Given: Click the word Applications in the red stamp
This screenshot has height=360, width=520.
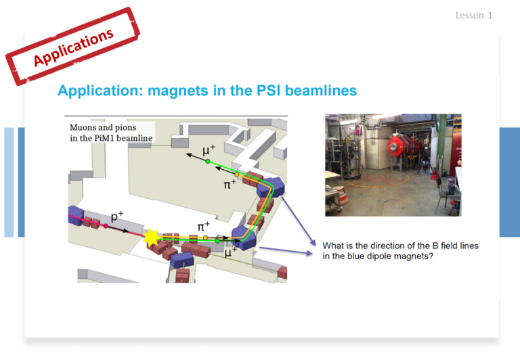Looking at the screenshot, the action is point(74,47).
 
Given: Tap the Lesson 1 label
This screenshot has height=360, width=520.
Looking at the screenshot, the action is point(474,16).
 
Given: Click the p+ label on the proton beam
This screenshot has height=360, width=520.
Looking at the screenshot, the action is point(116,216).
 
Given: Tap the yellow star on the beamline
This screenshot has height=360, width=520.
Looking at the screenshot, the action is point(151,237).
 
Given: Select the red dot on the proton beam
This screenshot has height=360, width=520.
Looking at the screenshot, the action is point(106,226).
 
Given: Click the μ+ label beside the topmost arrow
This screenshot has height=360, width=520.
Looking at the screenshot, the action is point(209,150).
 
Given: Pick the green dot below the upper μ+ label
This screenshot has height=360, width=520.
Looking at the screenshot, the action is point(208,162).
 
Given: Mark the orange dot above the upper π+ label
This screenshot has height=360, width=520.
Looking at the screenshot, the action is point(237,175).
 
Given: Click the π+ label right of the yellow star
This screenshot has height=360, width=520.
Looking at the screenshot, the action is point(204,227).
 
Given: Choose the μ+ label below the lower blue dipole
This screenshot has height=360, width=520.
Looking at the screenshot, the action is point(231,252).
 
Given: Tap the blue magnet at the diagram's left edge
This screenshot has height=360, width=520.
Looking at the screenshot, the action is point(75,215).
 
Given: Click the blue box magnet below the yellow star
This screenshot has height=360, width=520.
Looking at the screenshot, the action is point(182,260).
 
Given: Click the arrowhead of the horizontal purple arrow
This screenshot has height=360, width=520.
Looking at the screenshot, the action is point(309,253).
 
